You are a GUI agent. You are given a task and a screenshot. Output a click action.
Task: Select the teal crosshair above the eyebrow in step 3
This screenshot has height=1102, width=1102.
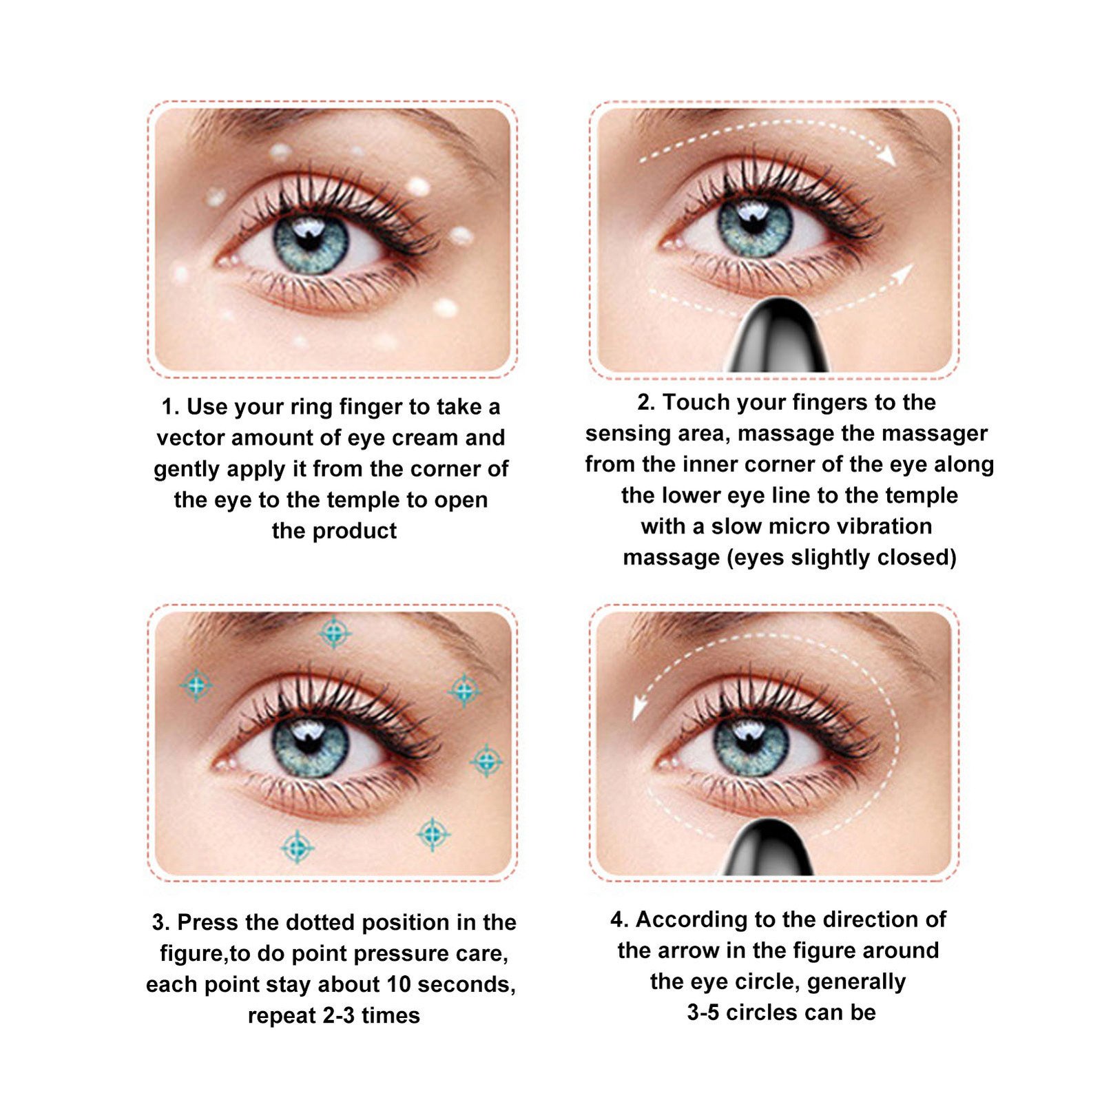click(x=335, y=632)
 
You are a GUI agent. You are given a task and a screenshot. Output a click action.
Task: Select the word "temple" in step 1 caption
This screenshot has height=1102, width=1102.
click(x=359, y=501)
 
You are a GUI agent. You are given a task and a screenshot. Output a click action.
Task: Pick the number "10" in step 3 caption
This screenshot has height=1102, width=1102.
click(x=399, y=984)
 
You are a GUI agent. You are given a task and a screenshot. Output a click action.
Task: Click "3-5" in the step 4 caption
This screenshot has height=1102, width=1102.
click(x=704, y=1012)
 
